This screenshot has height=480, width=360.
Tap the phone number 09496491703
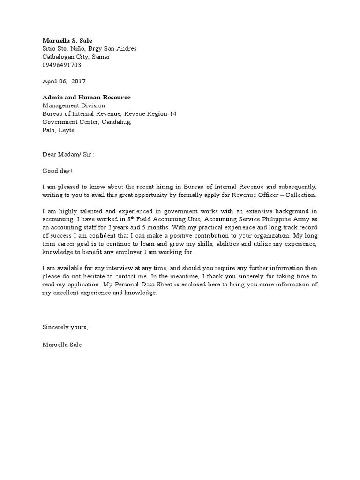click(61, 65)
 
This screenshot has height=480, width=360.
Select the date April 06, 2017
click(64, 81)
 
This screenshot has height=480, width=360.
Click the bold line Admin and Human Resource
click(86, 97)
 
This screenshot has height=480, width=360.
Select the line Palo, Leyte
click(58, 130)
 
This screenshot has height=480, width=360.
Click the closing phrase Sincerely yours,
click(65, 327)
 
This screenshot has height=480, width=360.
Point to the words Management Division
click(74, 105)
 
